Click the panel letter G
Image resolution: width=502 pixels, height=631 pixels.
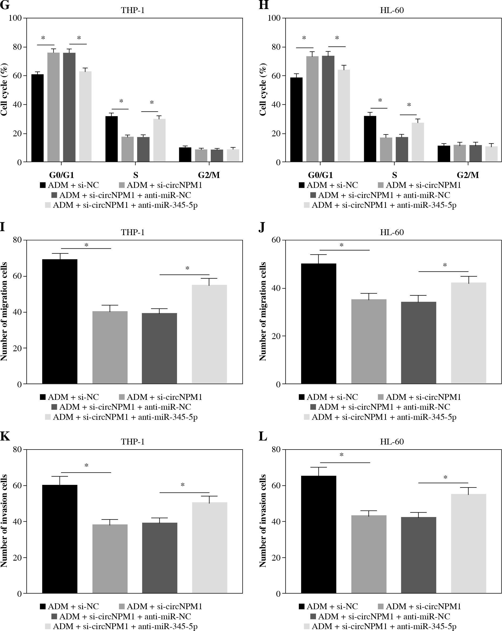(5, 5)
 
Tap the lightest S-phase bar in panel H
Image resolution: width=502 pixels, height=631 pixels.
(418, 142)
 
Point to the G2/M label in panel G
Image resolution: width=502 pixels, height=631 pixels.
(209, 175)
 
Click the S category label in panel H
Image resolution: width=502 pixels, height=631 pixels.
(394, 175)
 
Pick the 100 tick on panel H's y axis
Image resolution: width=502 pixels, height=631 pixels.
(274, 18)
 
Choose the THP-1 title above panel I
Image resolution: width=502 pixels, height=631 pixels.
(133, 232)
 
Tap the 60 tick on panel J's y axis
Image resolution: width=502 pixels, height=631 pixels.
(276, 240)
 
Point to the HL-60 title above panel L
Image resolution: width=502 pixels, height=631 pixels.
(392, 442)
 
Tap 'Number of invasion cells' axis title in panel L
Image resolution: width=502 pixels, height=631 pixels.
(263, 521)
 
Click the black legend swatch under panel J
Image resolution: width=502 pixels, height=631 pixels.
(302, 397)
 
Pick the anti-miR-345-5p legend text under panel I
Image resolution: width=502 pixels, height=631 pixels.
(125, 417)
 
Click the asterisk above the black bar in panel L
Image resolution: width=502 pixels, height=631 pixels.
(341, 455)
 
